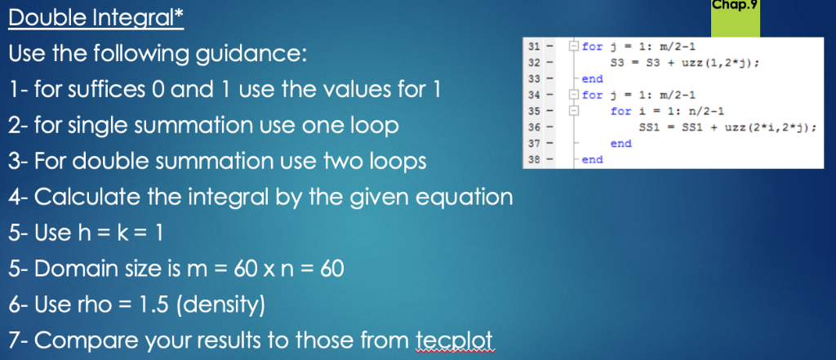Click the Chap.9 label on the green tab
[x=735, y=7]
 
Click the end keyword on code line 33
[x=592, y=78]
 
